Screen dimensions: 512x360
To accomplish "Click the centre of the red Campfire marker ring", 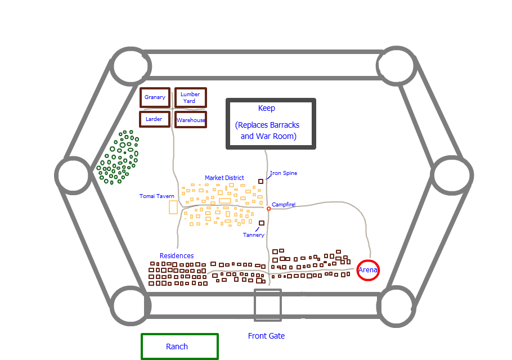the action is pos(268,209).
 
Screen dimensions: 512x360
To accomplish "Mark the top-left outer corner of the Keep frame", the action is pos(226,98).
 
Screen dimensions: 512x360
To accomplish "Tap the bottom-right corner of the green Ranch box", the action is pos(218,359).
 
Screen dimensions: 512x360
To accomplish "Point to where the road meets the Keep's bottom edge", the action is pos(266,150).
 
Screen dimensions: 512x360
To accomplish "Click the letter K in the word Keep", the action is pos(261,108).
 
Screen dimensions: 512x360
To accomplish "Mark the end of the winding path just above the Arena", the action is pos(370,258).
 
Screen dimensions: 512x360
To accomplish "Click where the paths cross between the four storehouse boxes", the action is pos(172,109).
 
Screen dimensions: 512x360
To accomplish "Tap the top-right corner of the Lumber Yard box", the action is pos(206,88).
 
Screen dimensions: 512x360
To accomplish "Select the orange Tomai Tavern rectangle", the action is pos(173,207).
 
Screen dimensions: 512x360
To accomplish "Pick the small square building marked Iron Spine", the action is pos(261,182).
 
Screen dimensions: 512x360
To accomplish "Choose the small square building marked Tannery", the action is pos(262,223).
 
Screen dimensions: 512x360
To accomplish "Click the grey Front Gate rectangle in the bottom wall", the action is pos(268,305).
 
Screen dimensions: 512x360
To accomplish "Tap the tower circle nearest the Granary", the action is pos(131,66).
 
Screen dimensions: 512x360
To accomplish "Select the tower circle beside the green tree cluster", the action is pos(74,175).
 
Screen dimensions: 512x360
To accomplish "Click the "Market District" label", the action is pos(224,178).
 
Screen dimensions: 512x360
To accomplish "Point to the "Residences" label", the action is pos(177,256).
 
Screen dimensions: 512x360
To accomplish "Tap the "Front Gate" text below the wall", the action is pos(267,336).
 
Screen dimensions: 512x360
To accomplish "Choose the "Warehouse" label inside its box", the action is pos(191,120).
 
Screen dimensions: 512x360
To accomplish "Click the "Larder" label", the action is pos(154,119).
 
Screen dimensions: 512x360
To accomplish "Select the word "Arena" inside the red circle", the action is pos(368,270).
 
